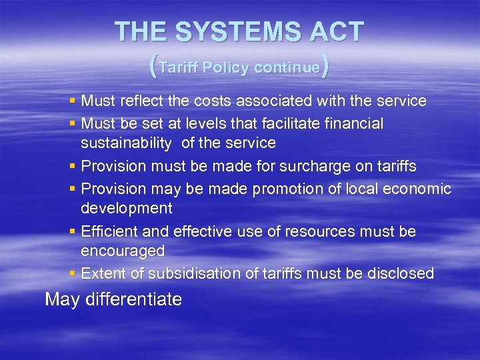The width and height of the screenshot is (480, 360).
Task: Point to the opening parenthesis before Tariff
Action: (154, 67)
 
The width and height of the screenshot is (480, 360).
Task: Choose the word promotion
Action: (287, 189)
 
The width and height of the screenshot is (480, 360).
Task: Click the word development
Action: (127, 208)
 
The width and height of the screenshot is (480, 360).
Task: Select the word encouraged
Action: (123, 251)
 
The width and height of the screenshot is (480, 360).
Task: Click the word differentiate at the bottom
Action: (133, 299)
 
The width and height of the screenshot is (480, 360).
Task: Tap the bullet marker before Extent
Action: (72, 273)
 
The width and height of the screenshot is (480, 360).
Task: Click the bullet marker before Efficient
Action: (72, 231)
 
